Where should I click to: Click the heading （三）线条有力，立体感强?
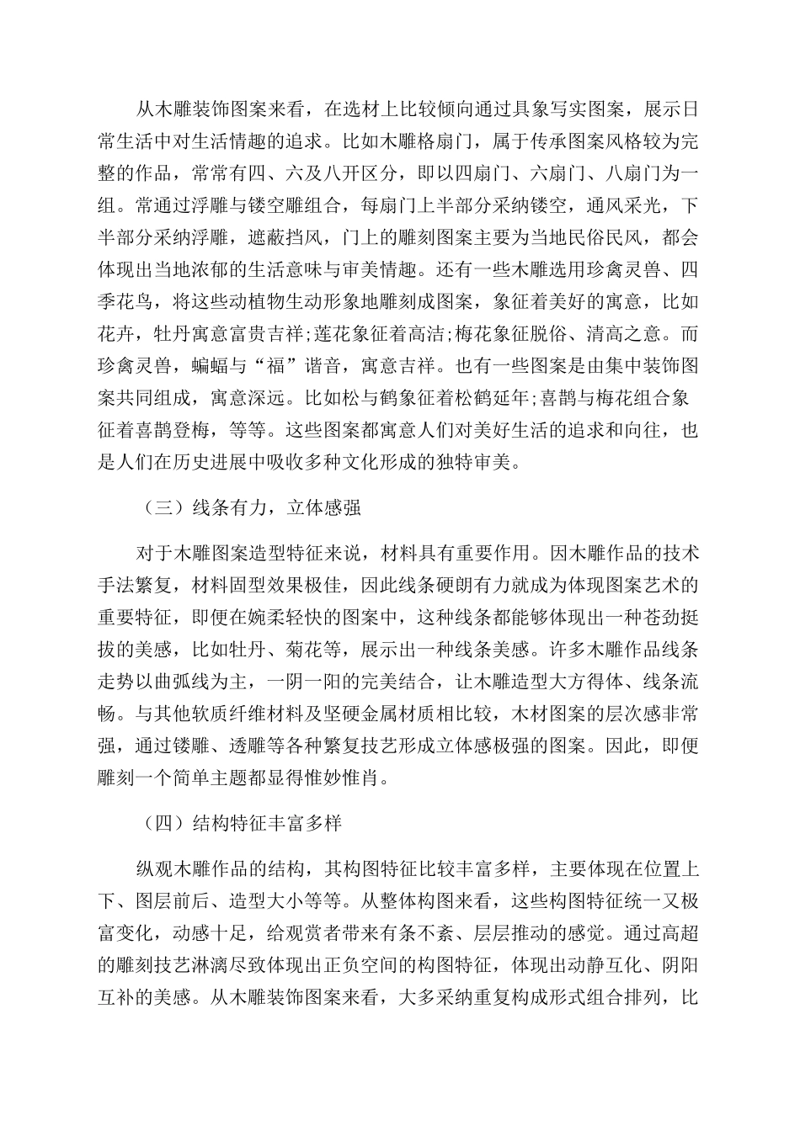pyautogui.click(x=249, y=507)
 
